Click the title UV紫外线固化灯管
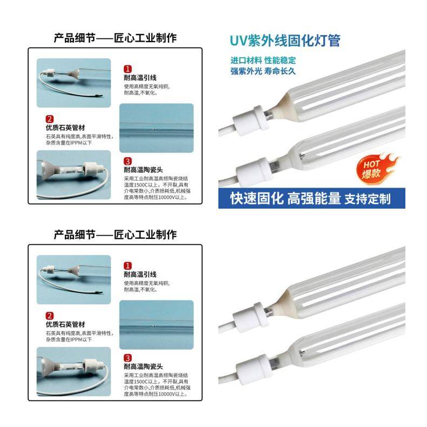pyautogui.click(x=285, y=41)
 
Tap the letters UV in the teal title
pyautogui.click(x=238, y=41)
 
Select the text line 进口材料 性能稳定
pyautogui.click(x=263, y=60)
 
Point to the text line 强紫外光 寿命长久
pyautogui.click(x=263, y=71)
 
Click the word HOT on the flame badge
pyautogui.click(x=371, y=164)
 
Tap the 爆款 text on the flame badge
pyautogui.click(x=371, y=173)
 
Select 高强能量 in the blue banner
pyautogui.click(x=314, y=198)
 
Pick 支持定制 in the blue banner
pyautogui.click(x=368, y=199)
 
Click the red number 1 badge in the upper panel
pyautogui.click(x=128, y=69)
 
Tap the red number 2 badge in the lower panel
pyautogui.click(x=50, y=316)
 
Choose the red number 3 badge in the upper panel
pyautogui.click(x=128, y=161)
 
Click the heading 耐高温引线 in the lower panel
pyautogui.click(x=140, y=274)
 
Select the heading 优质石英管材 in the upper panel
pyautogui.click(x=65, y=128)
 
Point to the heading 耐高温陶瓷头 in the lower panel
pyautogui.click(x=143, y=366)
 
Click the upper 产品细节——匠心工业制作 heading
pyautogui.click(x=115, y=38)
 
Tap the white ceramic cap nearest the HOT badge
pyautogui.click(x=251, y=171)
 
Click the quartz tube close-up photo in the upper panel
pyautogui.click(x=157, y=128)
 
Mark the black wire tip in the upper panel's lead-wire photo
pyautogui.click(x=99, y=96)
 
